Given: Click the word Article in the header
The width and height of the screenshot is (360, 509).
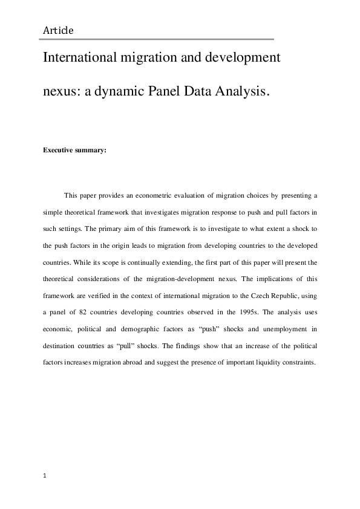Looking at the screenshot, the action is [x=59, y=30].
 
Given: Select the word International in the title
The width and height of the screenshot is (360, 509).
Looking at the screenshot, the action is [x=81, y=60].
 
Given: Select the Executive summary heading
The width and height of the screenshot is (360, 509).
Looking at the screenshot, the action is [x=74, y=151].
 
